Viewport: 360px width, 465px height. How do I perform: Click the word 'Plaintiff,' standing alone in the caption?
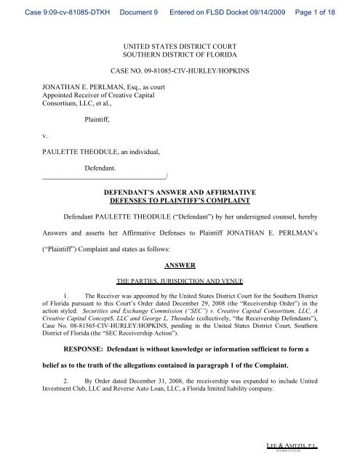(x=94, y=133)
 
